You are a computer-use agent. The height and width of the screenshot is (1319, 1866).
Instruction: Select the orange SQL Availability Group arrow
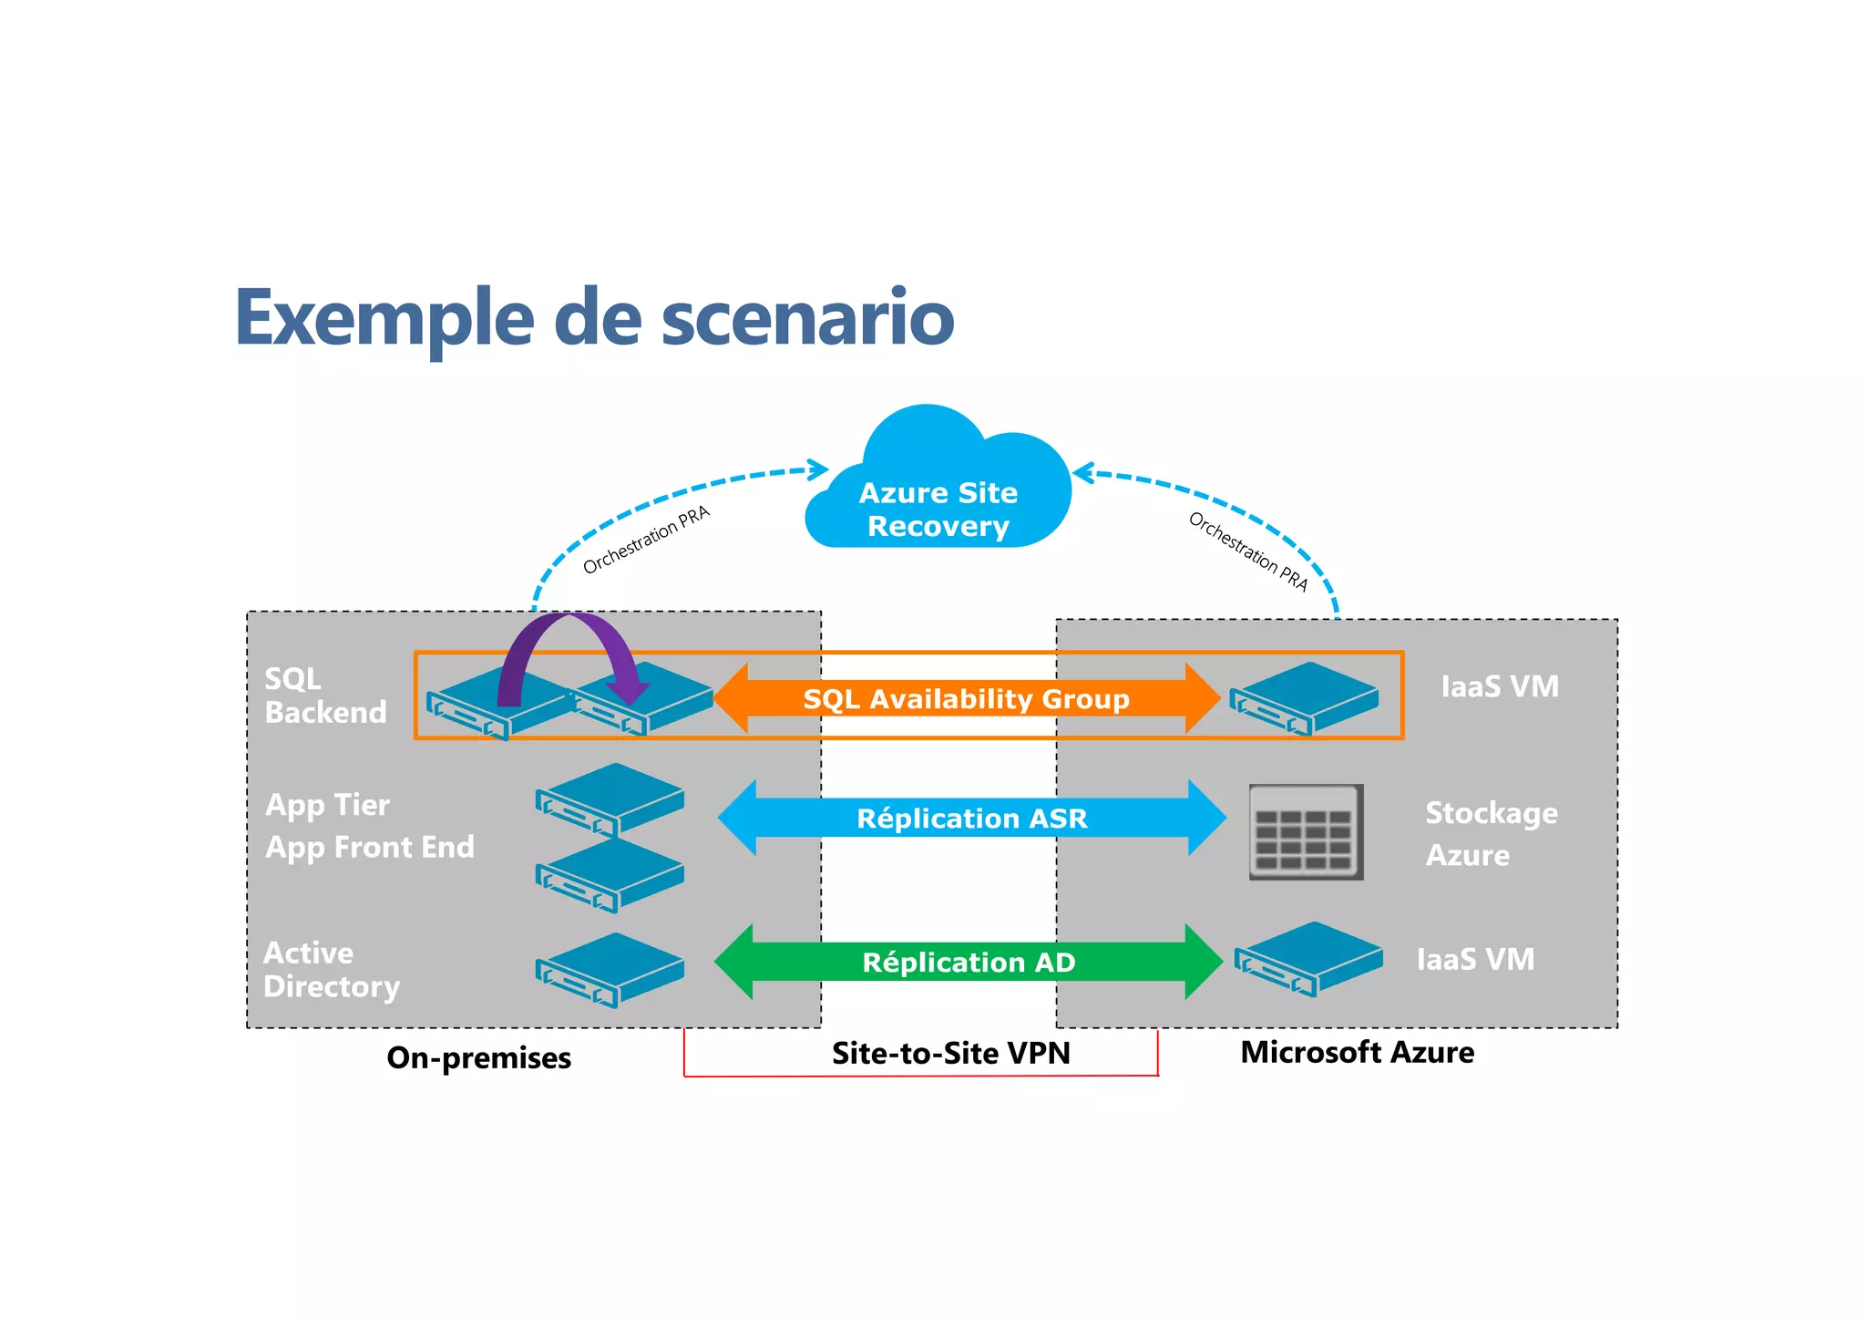pyautogui.click(x=966, y=699)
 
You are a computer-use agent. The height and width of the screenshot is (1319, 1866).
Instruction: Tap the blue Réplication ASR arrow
pyautogui.click(x=971, y=818)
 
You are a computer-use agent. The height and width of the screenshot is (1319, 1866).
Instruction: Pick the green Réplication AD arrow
pyautogui.click(x=969, y=962)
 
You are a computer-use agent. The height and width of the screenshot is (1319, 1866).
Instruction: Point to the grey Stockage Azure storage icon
pyautogui.click(x=1306, y=831)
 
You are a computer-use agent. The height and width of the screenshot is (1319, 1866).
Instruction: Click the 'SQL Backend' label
pyautogui.click(x=324, y=696)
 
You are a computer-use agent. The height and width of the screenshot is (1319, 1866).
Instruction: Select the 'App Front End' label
pyautogui.click(x=369, y=848)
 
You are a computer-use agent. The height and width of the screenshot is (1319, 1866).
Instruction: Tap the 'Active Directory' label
pyautogui.click(x=330, y=970)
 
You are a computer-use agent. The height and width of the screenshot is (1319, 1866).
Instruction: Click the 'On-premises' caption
pyautogui.click(x=478, y=1057)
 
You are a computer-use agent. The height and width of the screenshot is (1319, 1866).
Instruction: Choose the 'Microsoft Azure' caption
pyautogui.click(x=1357, y=1052)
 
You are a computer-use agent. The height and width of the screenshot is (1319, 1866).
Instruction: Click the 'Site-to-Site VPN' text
pyautogui.click(x=950, y=1053)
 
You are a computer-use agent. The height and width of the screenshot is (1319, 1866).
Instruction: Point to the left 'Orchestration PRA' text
pyautogui.click(x=646, y=540)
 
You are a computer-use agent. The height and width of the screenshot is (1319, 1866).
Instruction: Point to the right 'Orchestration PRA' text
pyautogui.click(x=1248, y=551)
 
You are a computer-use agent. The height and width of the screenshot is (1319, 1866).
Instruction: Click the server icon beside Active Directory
pyautogui.click(x=610, y=969)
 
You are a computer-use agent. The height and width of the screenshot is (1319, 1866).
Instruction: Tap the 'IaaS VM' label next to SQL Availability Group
pyautogui.click(x=1500, y=686)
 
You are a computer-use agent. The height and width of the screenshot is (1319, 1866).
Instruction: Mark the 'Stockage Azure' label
pyautogui.click(x=1491, y=833)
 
